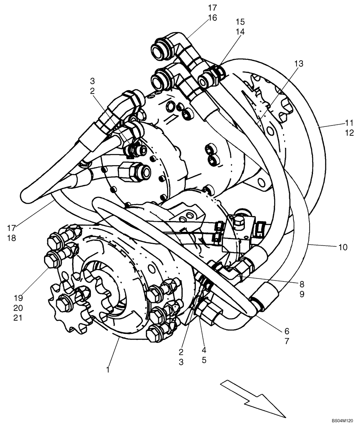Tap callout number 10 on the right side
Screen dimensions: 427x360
point(343,247)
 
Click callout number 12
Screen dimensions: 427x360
point(349,133)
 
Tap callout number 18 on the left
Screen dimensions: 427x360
point(11,238)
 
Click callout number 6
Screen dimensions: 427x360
point(286,331)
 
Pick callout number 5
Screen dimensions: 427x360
point(204,360)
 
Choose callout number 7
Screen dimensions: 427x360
point(286,341)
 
